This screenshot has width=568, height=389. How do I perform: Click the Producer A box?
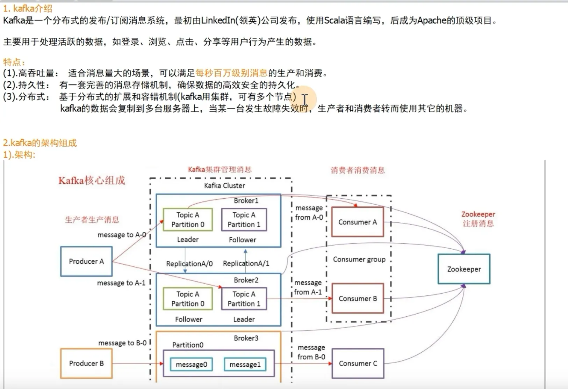tap(86, 262)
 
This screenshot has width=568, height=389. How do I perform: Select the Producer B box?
tap(86, 364)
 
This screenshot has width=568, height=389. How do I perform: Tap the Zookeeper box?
tap(464, 269)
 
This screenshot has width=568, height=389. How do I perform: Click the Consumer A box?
tap(358, 222)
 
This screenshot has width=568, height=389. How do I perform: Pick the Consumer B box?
tap(358, 299)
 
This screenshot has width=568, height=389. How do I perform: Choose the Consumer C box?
tap(358, 364)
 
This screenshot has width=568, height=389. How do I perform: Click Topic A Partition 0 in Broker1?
tap(188, 220)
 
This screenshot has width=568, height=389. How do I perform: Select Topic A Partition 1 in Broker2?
tap(244, 299)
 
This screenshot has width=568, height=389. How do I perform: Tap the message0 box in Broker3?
tap(191, 365)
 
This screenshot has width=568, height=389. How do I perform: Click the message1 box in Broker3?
tap(245, 365)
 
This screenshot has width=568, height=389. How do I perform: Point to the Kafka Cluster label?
tap(224, 186)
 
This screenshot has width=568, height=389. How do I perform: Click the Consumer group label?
tap(359, 259)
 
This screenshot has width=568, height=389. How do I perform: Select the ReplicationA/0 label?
tap(189, 264)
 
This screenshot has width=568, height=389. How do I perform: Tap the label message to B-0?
tap(122, 343)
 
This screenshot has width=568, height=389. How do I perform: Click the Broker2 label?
tap(246, 280)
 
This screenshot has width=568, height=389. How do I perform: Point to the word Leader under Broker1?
tap(188, 240)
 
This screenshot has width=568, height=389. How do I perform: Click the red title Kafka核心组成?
tap(92, 181)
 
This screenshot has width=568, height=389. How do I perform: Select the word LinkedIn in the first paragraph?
tap(218, 21)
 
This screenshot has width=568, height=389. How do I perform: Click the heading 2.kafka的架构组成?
tap(40, 143)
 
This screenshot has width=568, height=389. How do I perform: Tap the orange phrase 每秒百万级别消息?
tap(231, 73)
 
